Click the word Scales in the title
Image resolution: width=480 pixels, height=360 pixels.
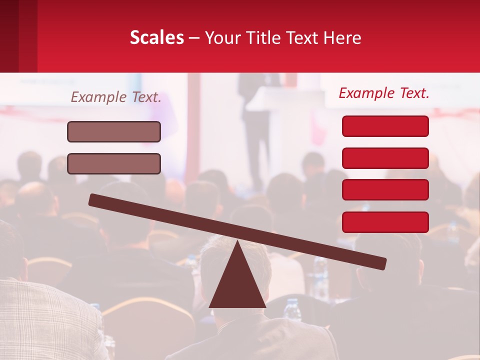pos(156,37)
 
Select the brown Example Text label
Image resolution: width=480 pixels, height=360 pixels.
pos(116,97)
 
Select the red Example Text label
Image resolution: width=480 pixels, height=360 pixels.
pos(384,93)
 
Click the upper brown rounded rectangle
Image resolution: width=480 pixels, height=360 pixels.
pos(114,131)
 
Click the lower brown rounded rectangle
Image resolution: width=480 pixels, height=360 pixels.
pos(114,163)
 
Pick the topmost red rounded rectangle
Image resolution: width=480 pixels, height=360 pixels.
pos(385,126)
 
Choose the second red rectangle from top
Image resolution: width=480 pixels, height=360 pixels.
pos(385,158)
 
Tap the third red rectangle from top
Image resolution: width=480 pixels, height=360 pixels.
pos(385,189)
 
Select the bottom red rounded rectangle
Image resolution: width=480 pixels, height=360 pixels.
pos(385,222)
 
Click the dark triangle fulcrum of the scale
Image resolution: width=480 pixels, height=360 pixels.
pos(237,285)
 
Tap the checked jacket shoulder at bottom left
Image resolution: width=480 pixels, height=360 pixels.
pos(40,315)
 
